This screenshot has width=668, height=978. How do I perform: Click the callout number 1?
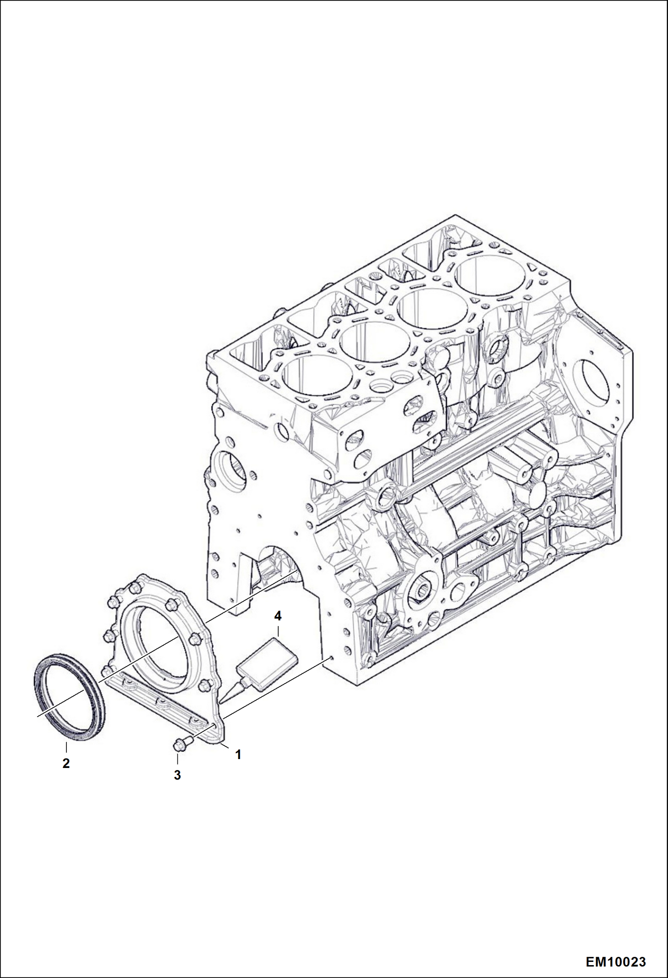tap(238, 755)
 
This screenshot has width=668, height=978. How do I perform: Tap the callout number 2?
tap(66, 763)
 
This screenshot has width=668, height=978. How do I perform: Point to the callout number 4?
tap(278, 616)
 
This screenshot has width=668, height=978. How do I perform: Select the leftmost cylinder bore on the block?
tap(312, 376)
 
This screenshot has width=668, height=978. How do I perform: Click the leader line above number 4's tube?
tap(278, 631)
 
